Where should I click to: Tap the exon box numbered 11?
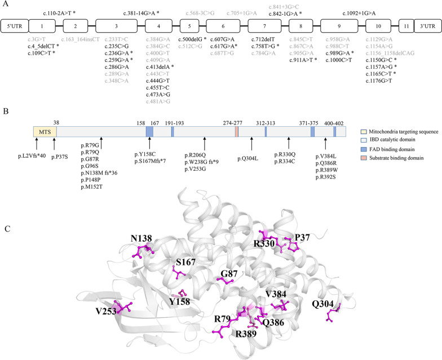[406, 27]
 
